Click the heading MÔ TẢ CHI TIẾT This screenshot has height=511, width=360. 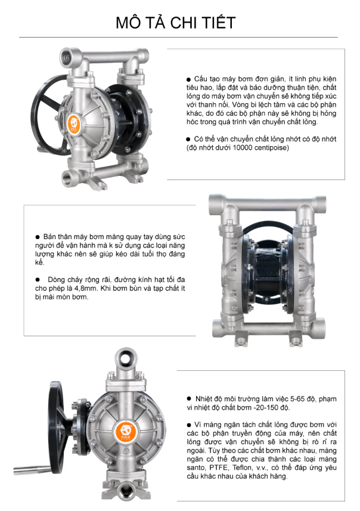click(x=176, y=23)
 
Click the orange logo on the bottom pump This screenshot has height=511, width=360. click(x=126, y=431)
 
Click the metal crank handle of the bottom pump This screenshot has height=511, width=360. click(x=32, y=470)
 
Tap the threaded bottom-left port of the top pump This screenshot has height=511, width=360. click(x=69, y=179)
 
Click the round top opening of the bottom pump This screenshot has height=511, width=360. click(x=126, y=358)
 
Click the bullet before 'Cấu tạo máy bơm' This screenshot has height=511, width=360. click(x=188, y=79)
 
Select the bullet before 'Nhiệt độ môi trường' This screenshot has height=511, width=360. click(x=189, y=398)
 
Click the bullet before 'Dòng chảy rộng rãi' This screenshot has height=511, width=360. click(x=38, y=280)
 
